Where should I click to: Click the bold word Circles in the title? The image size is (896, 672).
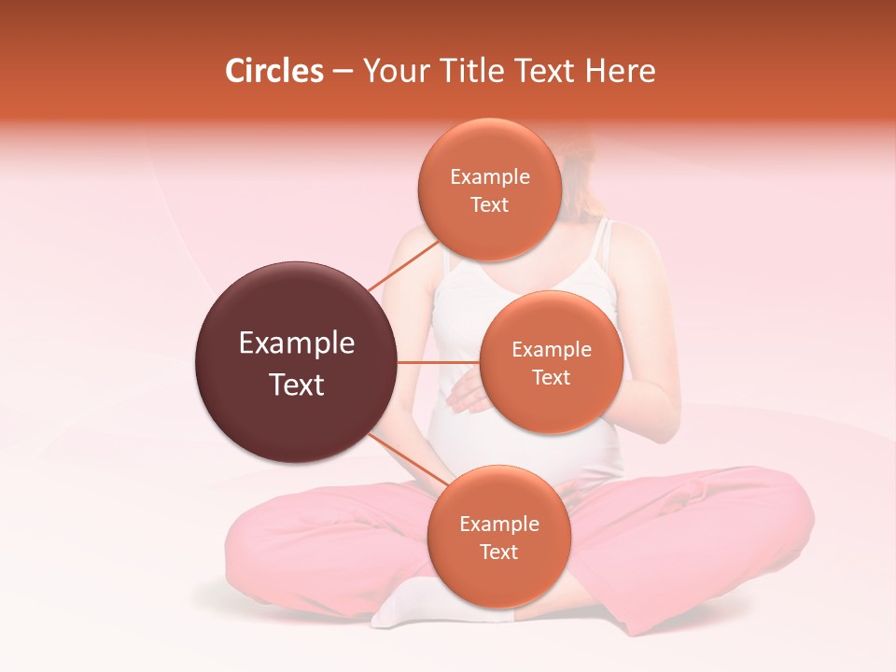click(x=274, y=71)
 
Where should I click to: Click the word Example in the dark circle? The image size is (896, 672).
click(x=297, y=343)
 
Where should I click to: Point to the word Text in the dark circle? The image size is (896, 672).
click(x=297, y=385)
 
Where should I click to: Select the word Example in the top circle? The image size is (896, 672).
click(x=490, y=177)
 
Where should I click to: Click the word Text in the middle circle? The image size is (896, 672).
click(x=552, y=377)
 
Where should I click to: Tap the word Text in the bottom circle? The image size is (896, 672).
click(x=499, y=552)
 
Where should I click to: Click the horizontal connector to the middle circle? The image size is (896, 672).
click(x=439, y=362)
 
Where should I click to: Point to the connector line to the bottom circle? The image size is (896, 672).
click(x=408, y=457)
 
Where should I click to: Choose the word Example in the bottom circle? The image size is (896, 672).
click(x=499, y=525)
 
